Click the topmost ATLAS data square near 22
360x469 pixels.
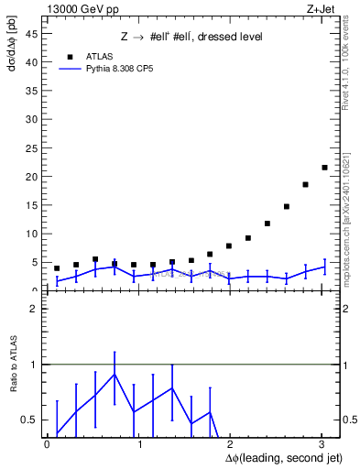(x=324, y=168)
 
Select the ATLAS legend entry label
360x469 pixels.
(x=99, y=56)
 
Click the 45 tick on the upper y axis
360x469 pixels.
(x=34, y=34)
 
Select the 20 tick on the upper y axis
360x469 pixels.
(x=34, y=177)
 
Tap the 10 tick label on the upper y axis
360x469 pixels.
(x=34, y=234)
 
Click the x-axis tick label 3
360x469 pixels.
(x=322, y=443)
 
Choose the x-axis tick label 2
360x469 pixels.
(x=230, y=443)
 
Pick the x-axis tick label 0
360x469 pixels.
(x=47, y=443)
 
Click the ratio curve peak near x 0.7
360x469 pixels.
(x=115, y=374)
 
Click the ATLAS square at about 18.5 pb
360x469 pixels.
(x=305, y=184)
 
